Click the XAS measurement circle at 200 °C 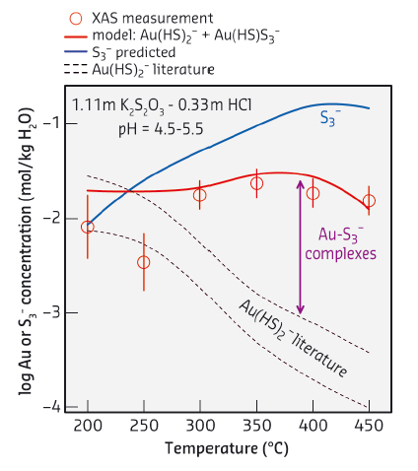tap(88, 227)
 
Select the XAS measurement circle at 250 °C tap(144, 262)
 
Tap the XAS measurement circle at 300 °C tap(200, 195)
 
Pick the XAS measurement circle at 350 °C tap(256, 183)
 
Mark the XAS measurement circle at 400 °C tap(313, 193)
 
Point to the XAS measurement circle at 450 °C tap(369, 201)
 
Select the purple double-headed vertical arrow tap(300, 247)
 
